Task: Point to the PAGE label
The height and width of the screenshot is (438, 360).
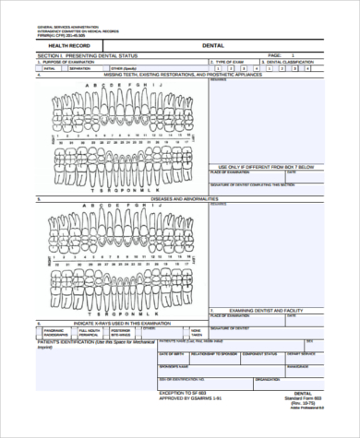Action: pyautogui.click(x=274, y=55)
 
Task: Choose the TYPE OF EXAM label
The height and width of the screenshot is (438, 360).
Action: pyautogui.click(x=230, y=62)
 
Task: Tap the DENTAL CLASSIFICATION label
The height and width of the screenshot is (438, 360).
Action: pyautogui.click(x=291, y=62)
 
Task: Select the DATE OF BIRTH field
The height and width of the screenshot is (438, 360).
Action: pyautogui.click(x=171, y=353)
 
